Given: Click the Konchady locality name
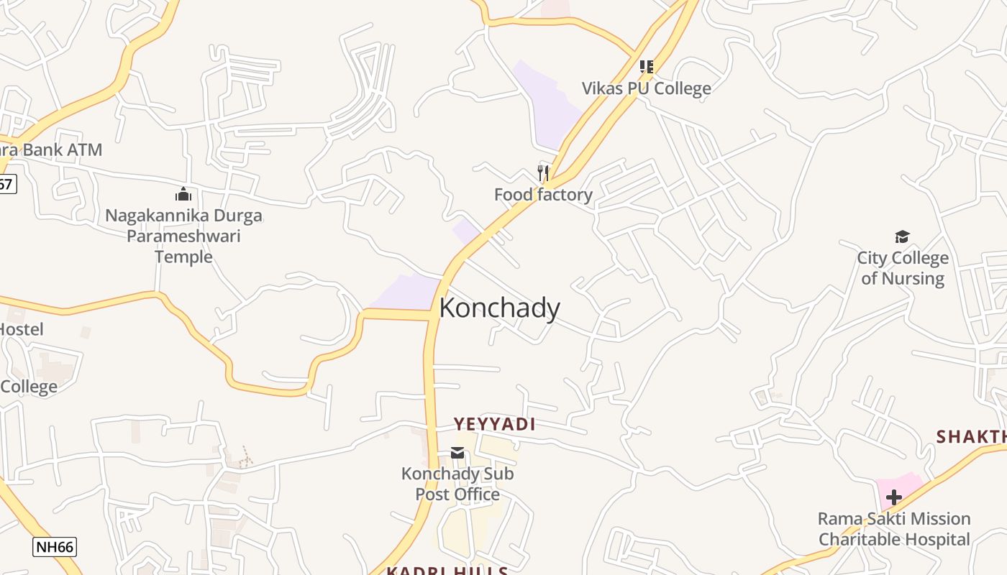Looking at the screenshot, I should (499, 308).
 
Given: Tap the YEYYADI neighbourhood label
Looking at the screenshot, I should (494, 424).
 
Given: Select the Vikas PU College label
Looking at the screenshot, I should (646, 88).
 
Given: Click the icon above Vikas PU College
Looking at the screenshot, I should (646, 67).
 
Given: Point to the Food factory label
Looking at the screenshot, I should (543, 195).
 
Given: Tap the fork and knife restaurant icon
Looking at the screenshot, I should (543, 173).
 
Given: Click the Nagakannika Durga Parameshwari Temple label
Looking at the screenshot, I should (183, 236).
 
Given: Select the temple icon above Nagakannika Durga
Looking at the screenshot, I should (183, 194).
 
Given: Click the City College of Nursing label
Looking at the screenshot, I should (902, 268).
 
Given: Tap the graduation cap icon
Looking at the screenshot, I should (902, 236).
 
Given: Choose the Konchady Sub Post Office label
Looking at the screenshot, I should (457, 484).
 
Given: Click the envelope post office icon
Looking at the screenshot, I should (457, 453).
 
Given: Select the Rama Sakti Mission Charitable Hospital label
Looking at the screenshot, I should (894, 529).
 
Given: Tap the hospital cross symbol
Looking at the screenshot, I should (893, 497).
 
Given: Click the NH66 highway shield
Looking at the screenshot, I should (55, 547).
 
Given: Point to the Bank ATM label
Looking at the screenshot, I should (52, 150).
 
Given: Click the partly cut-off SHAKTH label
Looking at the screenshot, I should (971, 436).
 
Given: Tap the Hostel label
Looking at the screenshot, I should (21, 329).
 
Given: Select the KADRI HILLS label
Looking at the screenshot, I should (447, 571).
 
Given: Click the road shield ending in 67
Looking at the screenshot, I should (6, 184).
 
